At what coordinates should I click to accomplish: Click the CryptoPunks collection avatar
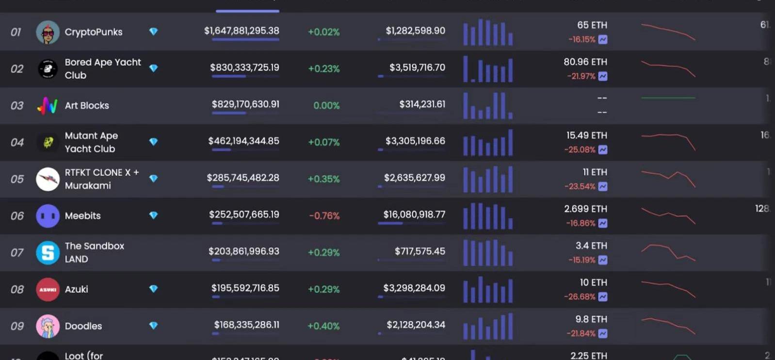(48, 33)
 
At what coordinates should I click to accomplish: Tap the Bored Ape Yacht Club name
(102, 68)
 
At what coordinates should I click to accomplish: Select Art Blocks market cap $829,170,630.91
(245, 104)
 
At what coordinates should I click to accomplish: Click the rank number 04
(17, 142)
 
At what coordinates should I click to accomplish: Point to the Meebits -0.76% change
(324, 216)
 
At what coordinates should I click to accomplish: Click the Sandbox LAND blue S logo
(48, 253)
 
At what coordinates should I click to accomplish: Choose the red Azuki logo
(48, 290)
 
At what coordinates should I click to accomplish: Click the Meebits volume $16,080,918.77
(414, 214)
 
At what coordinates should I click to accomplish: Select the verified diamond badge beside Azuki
(153, 289)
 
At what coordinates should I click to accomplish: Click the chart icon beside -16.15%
(603, 40)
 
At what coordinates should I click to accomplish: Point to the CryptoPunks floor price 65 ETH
(592, 25)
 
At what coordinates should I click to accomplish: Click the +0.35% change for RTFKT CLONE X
(323, 179)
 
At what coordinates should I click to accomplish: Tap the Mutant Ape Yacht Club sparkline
(668, 141)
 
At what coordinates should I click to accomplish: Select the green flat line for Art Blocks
(668, 98)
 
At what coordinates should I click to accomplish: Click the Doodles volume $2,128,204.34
(416, 325)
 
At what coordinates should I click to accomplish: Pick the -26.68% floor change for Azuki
(579, 296)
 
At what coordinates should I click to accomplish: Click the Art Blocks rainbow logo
(48, 105)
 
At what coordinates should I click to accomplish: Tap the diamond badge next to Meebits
(153, 215)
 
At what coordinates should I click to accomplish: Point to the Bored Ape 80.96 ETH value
(585, 62)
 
